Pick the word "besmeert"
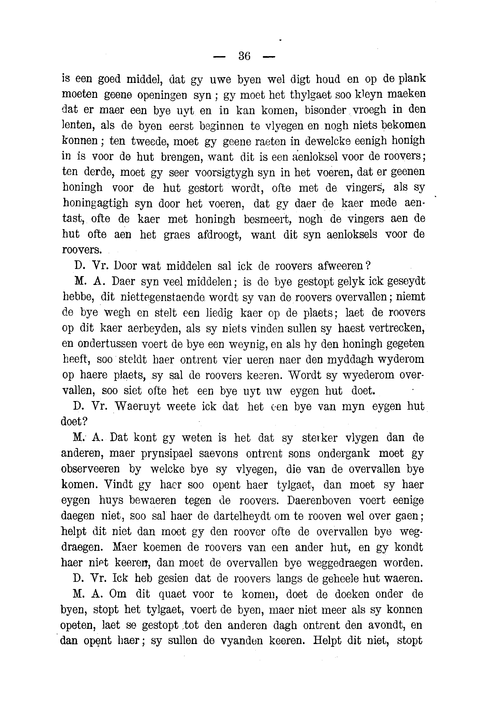point(268,219)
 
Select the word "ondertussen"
point(100,344)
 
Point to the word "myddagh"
point(350,360)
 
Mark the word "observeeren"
point(90,469)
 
